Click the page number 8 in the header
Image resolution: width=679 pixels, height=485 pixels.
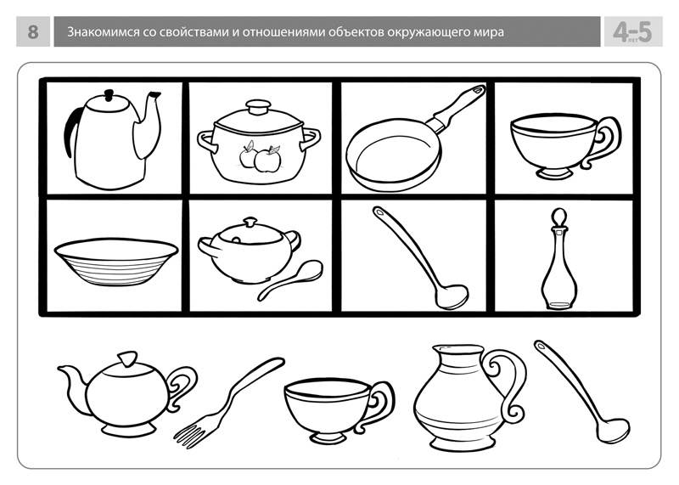click(x=33, y=32)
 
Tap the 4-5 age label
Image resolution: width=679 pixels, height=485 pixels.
click(x=632, y=32)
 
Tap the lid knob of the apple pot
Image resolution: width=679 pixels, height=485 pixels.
click(x=258, y=106)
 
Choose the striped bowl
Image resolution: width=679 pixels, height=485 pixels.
click(x=116, y=262)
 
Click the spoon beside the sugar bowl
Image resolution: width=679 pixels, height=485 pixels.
click(x=290, y=280)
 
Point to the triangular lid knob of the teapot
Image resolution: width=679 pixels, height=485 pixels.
click(x=127, y=359)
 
